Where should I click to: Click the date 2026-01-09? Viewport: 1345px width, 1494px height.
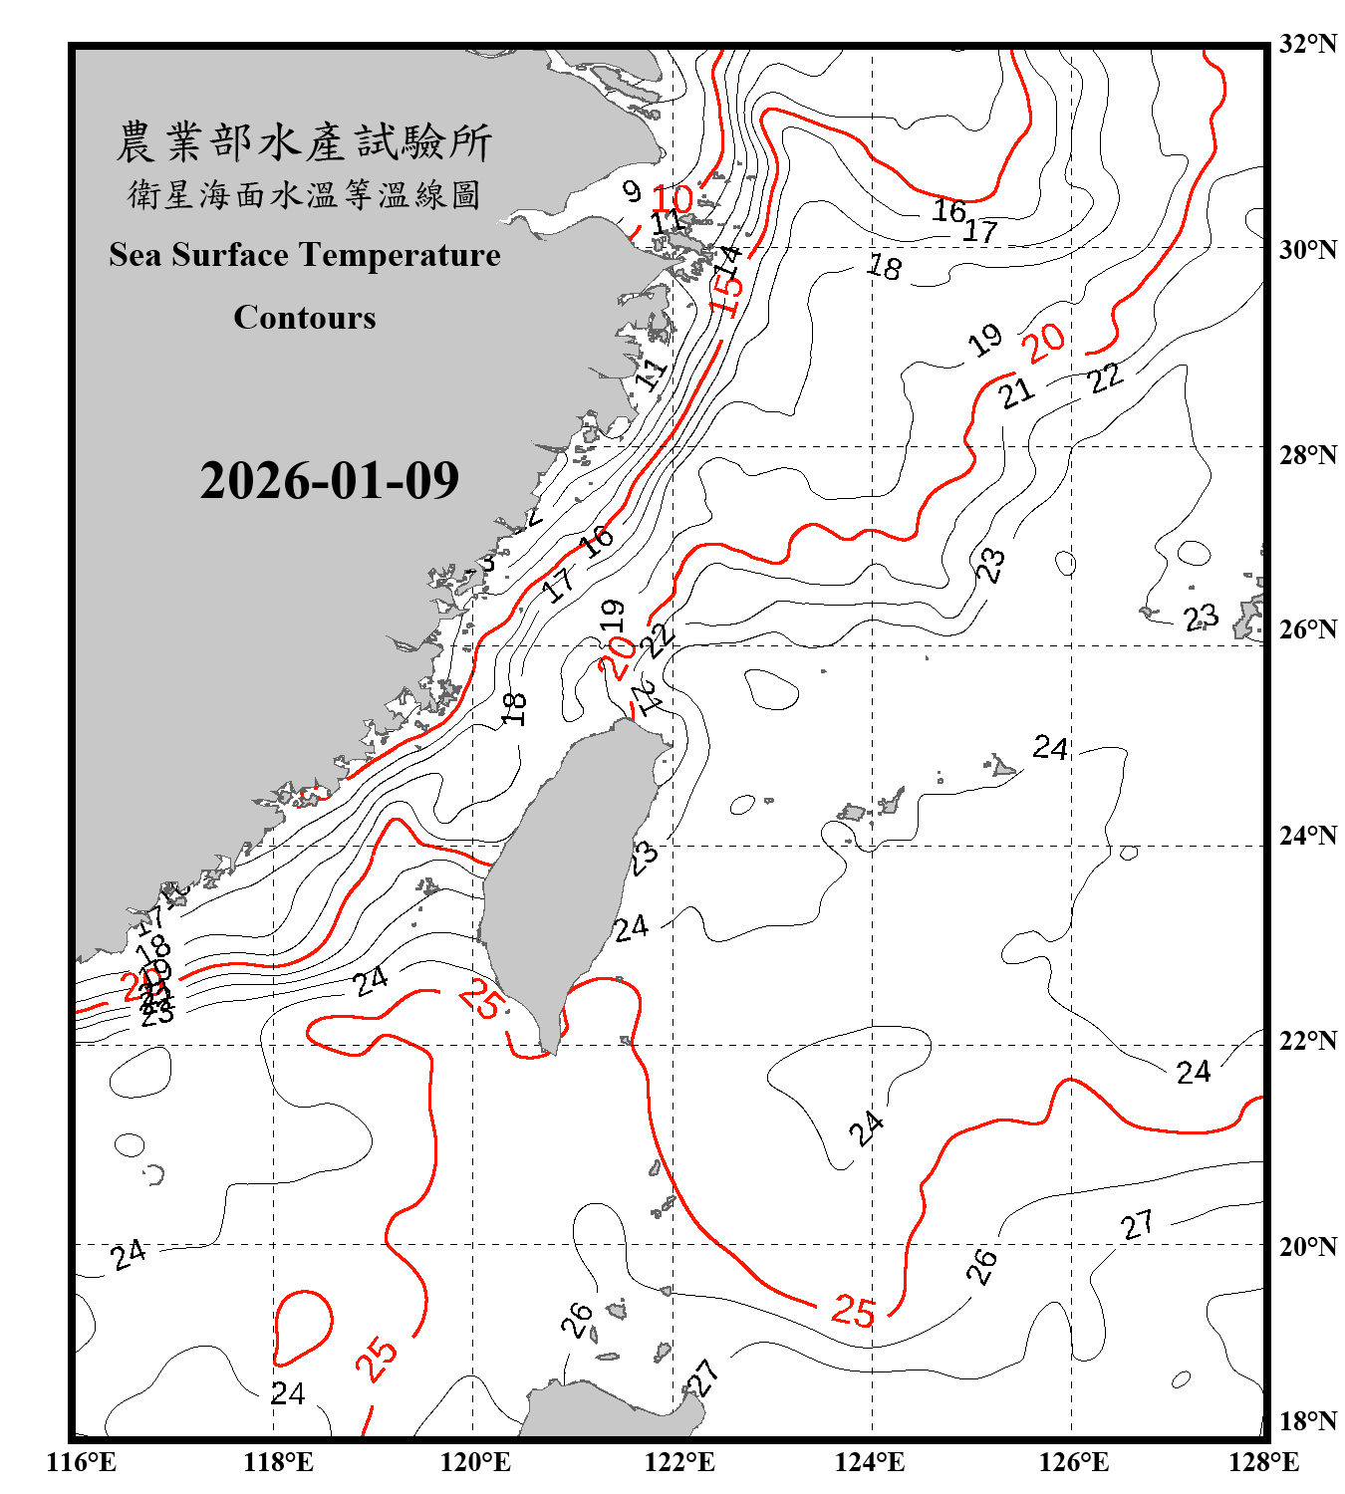tap(329, 481)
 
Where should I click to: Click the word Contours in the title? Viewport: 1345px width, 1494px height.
tap(305, 318)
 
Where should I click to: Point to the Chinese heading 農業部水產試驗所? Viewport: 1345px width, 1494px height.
tap(304, 141)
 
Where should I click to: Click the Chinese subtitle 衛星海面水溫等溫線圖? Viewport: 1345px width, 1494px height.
tap(304, 194)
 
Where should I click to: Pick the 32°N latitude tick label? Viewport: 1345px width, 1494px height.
tap(1307, 44)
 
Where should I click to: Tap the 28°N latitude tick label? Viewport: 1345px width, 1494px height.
tap(1307, 455)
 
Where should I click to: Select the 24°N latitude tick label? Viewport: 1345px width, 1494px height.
tap(1307, 836)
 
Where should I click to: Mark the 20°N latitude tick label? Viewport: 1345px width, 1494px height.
tap(1307, 1246)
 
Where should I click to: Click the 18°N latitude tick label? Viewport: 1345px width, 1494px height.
tap(1307, 1421)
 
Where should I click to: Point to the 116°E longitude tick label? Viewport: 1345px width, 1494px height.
tap(82, 1462)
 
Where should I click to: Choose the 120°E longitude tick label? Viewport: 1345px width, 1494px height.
tap(475, 1462)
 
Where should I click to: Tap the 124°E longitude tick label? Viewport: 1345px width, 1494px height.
tap(870, 1462)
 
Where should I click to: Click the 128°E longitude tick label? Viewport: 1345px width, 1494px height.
tap(1263, 1462)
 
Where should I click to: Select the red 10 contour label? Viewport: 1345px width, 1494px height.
tap(672, 198)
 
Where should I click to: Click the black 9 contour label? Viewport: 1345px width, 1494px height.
tap(632, 189)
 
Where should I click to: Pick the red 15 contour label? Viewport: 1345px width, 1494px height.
tap(726, 293)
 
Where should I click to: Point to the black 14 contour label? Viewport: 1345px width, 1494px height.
tap(730, 260)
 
